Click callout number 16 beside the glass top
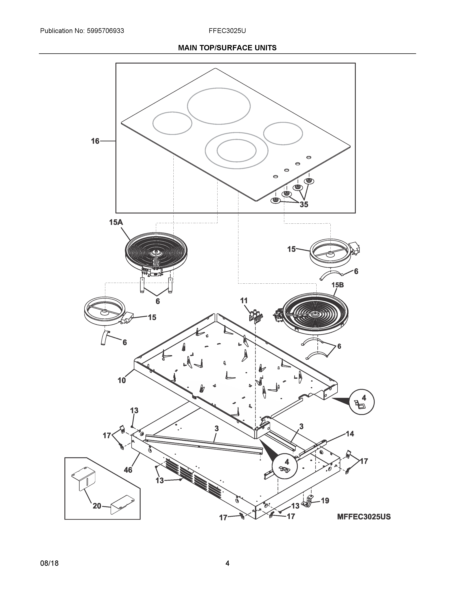click(95, 141)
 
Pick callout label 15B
click(337, 285)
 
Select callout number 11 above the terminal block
click(244, 301)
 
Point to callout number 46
click(128, 470)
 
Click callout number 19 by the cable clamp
click(325, 500)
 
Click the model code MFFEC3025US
click(364, 517)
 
